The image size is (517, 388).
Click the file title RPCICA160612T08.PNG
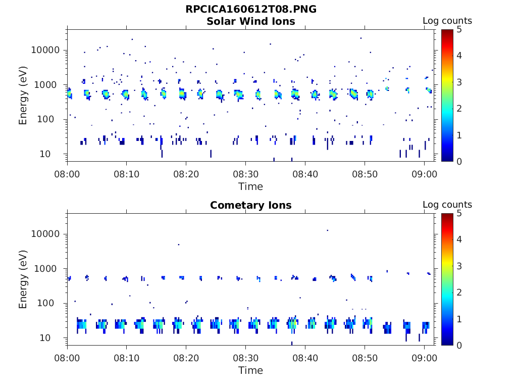[x=251, y=9]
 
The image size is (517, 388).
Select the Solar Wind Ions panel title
[x=251, y=21]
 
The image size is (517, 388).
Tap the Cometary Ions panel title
[x=251, y=205]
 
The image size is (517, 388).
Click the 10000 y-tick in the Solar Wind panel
[x=46, y=50]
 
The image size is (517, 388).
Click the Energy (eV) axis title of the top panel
[x=23, y=95]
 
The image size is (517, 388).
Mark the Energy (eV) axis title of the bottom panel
[x=23, y=279]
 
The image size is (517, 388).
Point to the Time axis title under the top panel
[x=251, y=186]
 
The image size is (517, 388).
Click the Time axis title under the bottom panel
[x=251, y=370]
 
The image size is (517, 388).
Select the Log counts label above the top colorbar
[x=447, y=21]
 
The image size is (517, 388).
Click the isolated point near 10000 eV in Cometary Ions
[x=327, y=230]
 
